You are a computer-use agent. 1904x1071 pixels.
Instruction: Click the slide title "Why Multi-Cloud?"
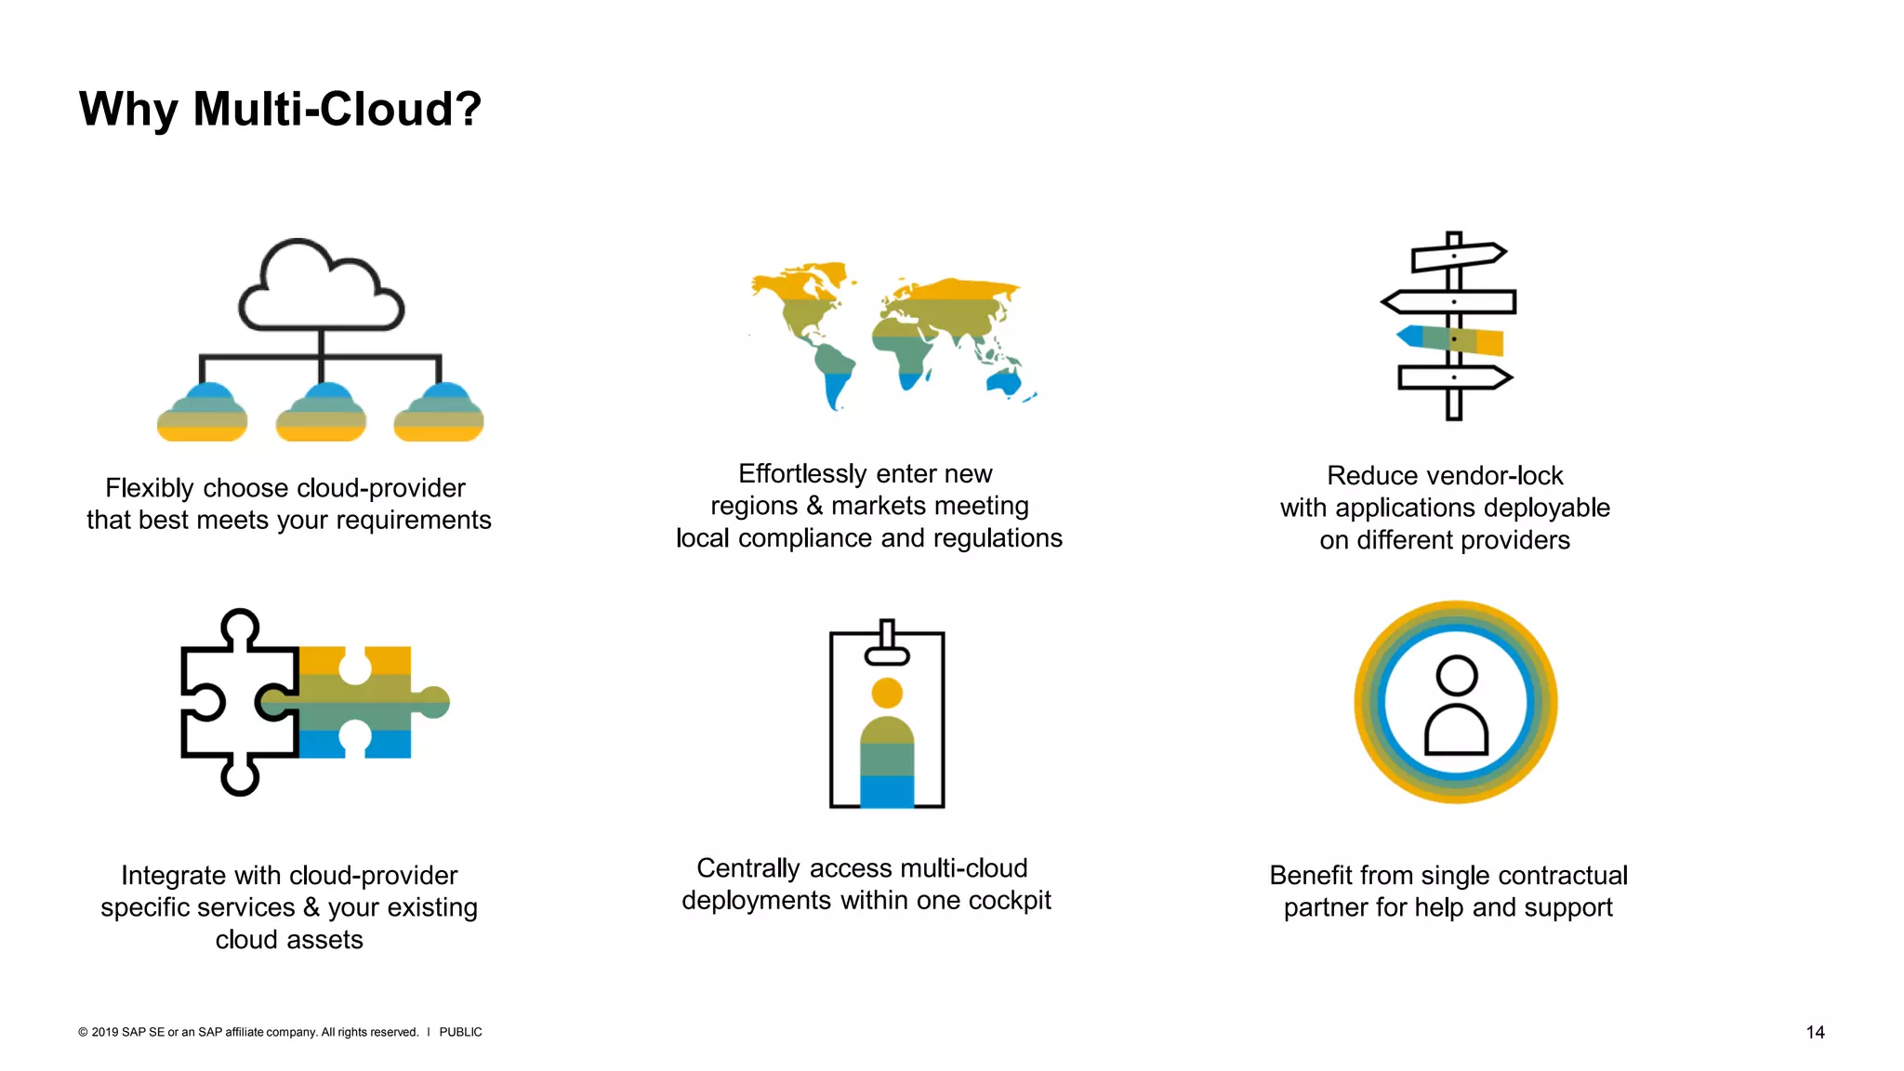coord(280,110)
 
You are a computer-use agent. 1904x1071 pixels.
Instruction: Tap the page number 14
coord(1815,1032)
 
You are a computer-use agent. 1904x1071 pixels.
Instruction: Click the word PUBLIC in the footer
coord(460,1032)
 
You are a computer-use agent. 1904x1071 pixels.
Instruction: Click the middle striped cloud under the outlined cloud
coord(321,414)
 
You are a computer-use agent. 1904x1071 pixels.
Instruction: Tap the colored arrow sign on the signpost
coord(1450,339)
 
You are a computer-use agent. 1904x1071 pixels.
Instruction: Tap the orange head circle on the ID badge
coord(887,693)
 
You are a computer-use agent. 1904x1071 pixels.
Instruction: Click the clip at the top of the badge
coord(887,644)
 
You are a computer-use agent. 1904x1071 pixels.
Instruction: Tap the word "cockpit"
coord(1010,901)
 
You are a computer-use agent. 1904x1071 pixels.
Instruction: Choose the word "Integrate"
coord(173,876)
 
